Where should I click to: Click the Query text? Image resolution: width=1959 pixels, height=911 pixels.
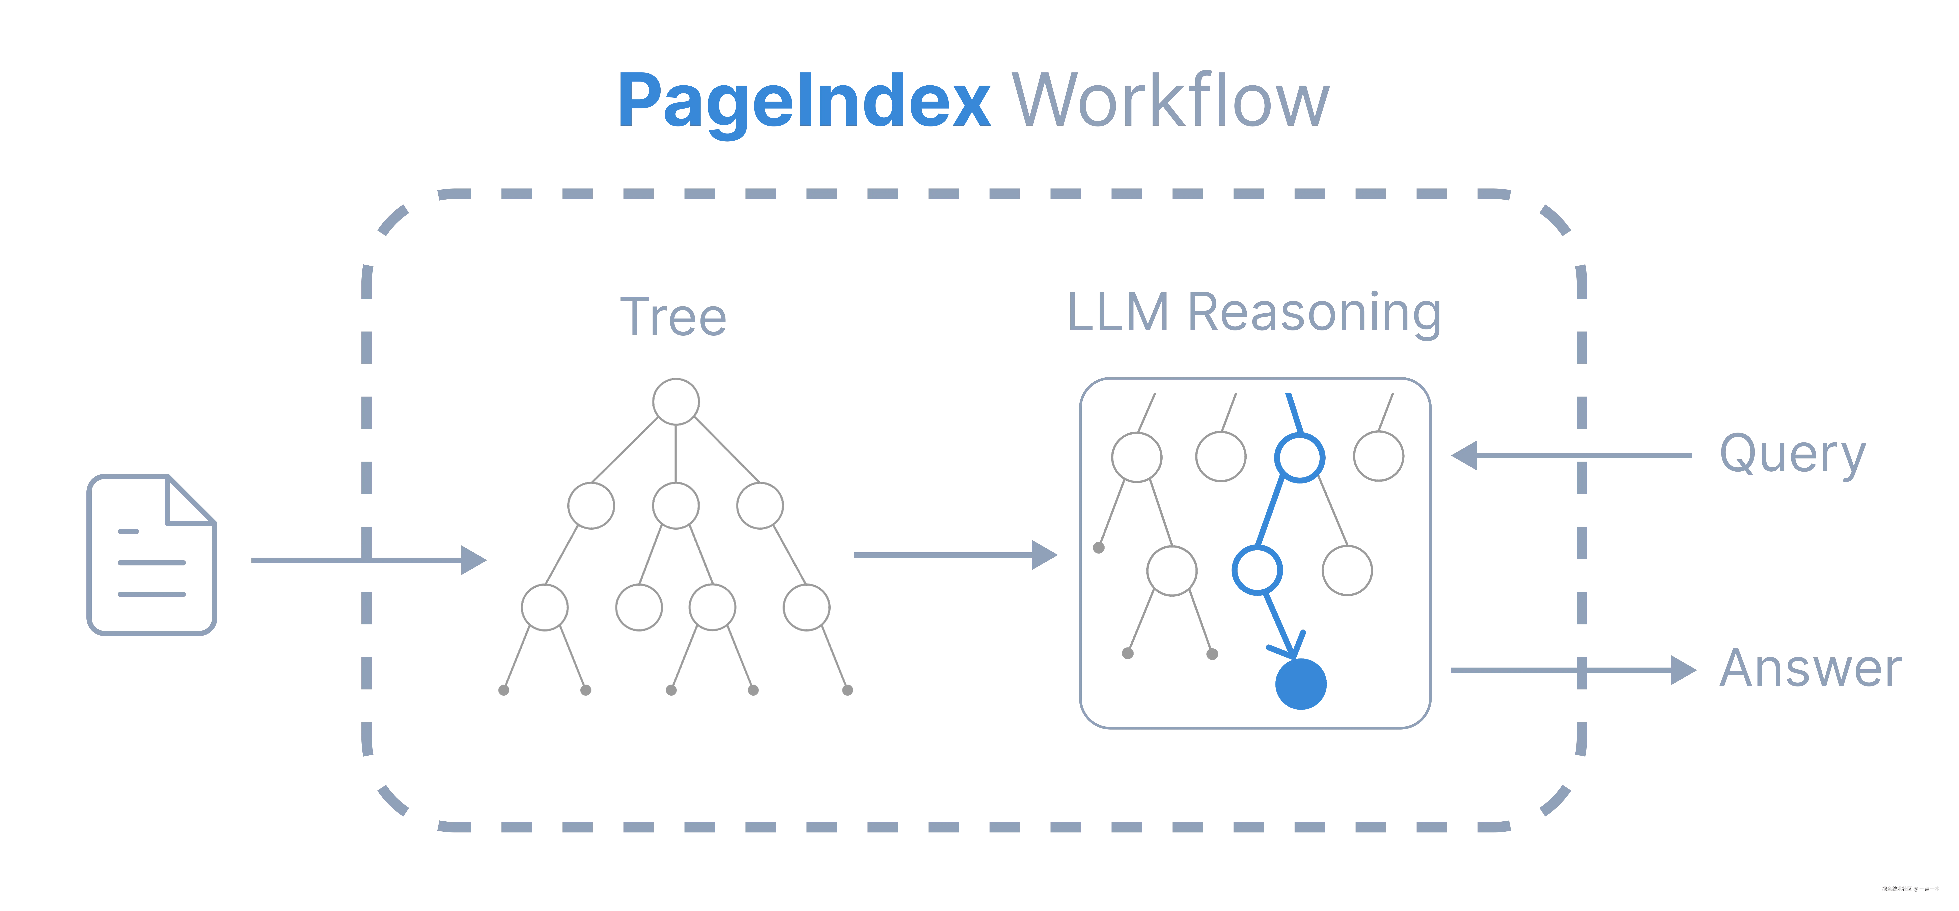pos(1792,455)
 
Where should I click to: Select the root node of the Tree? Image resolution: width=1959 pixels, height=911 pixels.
pos(675,402)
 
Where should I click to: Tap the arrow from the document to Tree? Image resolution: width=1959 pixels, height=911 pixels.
pos(369,560)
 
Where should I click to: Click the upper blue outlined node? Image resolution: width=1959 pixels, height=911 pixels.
pos(1299,457)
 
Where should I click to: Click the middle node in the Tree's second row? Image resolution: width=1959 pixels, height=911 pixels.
pos(675,506)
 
